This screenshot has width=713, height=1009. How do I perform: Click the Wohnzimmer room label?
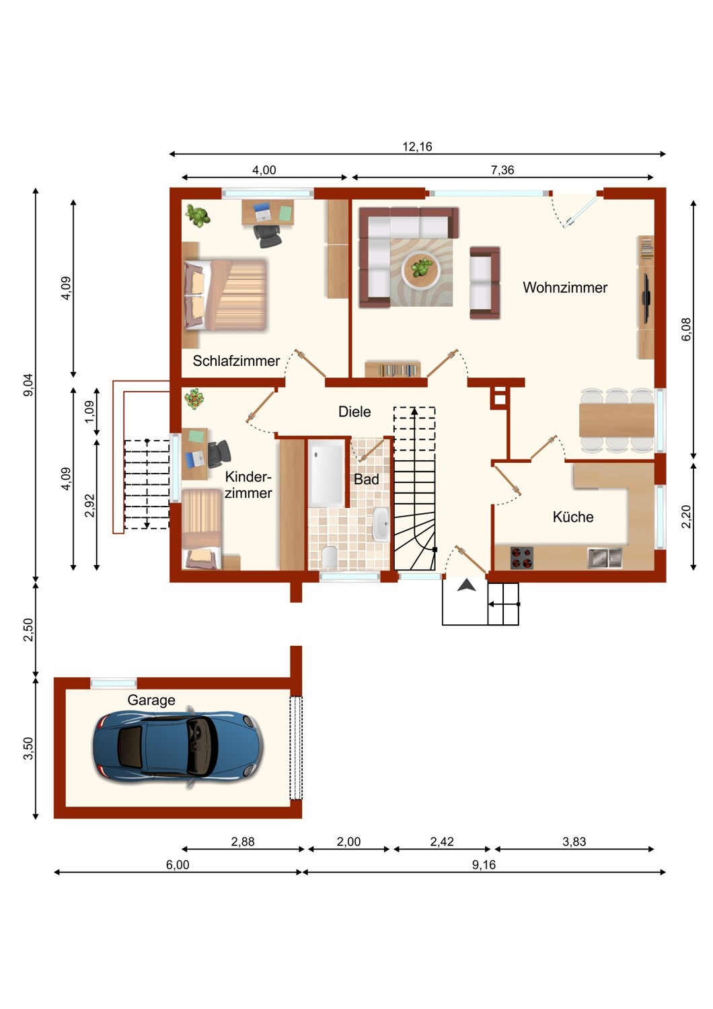565,287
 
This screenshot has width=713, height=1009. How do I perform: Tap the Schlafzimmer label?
236,361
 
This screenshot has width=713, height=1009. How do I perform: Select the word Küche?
573,517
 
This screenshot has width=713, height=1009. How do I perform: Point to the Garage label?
151,700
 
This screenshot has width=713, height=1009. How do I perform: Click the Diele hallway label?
354,412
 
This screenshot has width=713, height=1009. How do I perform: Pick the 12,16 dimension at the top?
417,147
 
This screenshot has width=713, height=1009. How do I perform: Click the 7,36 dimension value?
502,170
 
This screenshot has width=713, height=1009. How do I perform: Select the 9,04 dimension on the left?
28,385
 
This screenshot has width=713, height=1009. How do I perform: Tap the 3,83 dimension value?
574,842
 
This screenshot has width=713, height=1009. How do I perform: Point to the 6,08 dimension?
685,330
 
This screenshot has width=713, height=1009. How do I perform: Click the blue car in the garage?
178,747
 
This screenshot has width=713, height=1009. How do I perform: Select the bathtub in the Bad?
327,474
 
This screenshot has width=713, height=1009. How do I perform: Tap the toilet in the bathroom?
329,557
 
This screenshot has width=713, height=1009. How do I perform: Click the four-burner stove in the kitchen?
521,558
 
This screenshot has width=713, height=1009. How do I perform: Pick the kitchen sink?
605,558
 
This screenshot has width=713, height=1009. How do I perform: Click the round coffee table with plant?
421,269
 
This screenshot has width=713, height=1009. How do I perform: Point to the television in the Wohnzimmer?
645,298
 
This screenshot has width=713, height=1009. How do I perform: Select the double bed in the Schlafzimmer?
225,295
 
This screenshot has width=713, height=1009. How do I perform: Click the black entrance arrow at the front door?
467,585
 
